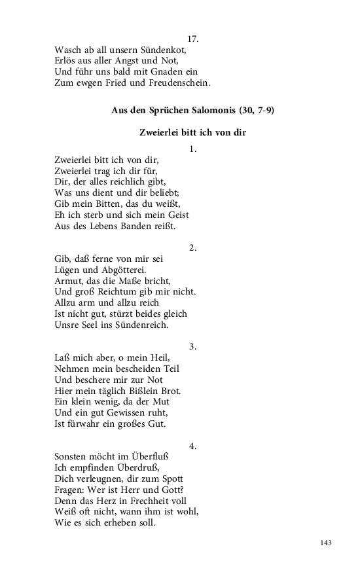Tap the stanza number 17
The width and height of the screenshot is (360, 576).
point(192,39)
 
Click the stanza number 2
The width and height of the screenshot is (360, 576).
point(192,247)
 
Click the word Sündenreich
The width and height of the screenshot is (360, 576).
point(138,325)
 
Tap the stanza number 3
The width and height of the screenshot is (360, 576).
point(192,346)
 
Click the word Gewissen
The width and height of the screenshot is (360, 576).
point(126,412)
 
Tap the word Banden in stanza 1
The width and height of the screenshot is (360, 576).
point(134,226)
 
